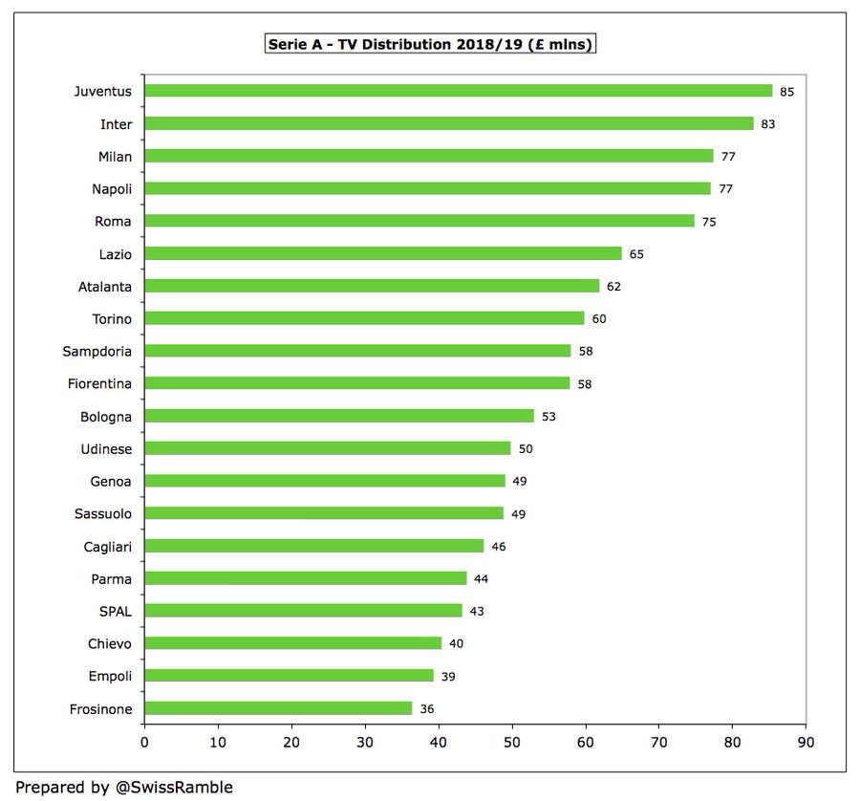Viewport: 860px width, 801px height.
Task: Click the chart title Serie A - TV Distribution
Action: coord(429,44)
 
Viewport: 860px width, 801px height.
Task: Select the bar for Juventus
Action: coord(458,91)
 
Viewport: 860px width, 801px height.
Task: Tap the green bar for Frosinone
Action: coord(278,708)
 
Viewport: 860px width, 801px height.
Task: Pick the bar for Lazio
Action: coord(382,253)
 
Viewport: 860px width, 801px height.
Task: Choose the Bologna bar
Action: coord(338,416)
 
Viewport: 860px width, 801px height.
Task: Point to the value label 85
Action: coord(786,92)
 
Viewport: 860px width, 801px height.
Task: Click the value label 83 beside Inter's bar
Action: coord(770,124)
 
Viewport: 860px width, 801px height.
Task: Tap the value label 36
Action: coord(428,709)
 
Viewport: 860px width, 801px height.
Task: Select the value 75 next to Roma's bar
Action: coord(708,222)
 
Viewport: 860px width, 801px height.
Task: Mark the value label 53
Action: coord(548,417)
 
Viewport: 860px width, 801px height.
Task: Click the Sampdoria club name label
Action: coord(97,351)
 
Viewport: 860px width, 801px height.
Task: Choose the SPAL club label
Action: coord(114,611)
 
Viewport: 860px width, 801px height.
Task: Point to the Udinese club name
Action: coord(104,448)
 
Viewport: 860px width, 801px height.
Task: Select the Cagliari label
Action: coord(105,546)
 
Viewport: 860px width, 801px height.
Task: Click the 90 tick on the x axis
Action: coord(806,742)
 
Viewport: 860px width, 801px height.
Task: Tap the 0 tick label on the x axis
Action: coord(144,742)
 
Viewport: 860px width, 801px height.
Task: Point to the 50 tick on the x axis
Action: coord(512,742)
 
